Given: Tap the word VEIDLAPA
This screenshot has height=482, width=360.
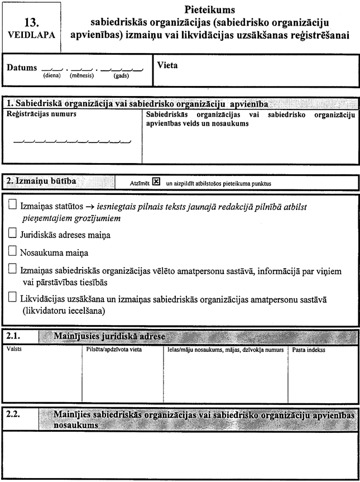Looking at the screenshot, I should (x=32, y=34).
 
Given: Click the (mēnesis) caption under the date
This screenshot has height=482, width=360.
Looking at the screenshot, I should (x=81, y=75).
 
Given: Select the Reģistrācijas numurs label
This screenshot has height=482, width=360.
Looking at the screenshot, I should (x=41, y=114).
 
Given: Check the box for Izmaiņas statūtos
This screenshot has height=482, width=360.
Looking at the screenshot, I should (x=13, y=205).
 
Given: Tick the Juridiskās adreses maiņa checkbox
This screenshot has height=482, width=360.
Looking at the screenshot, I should (x=13, y=234).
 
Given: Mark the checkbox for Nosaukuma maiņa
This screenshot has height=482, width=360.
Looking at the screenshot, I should (x=13, y=251).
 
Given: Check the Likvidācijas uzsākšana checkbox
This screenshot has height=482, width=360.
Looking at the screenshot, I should (x=13, y=299).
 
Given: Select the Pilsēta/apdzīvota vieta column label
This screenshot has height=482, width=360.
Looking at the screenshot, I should (x=111, y=350).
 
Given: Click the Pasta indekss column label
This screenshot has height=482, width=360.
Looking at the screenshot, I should (x=309, y=350).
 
